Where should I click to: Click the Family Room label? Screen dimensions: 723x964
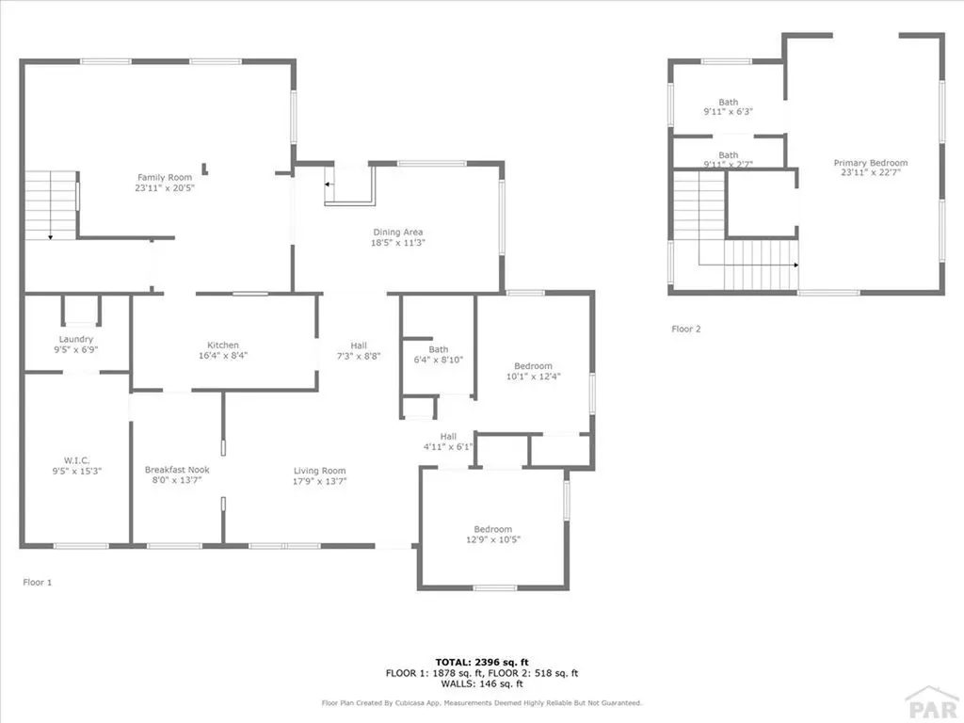[x=165, y=177]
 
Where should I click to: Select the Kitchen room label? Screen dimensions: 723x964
[x=223, y=345]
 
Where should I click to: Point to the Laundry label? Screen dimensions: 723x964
[x=76, y=339]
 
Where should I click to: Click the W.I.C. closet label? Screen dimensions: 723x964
[x=76, y=461]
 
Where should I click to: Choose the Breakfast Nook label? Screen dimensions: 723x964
[x=177, y=470]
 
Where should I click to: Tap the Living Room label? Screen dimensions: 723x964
[x=320, y=471]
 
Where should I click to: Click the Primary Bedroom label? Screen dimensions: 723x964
[x=871, y=163]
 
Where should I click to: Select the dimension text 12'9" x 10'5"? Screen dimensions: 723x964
[x=492, y=540]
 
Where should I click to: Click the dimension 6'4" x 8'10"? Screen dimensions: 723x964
[x=439, y=360]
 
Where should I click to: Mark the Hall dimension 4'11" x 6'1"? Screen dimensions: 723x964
[x=448, y=447]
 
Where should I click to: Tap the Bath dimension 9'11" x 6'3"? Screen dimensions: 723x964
[x=729, y=112]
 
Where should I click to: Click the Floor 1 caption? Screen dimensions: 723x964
[x=38, y=583]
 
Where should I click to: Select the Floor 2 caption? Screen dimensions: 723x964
[x=686, y=329]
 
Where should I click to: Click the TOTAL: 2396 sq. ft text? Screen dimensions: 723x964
[x=481, y=661]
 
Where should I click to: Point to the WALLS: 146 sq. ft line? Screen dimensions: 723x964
[x=481, y=684]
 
